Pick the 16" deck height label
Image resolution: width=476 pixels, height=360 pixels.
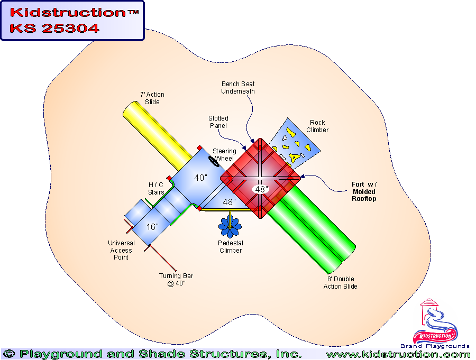click(x=152, y=227)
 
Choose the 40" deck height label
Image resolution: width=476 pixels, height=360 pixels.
click(x=200, y=178)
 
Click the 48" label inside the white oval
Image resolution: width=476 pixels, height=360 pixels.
click(x=261, y=189)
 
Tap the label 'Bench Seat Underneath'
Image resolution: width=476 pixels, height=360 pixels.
click(x=238, y=87)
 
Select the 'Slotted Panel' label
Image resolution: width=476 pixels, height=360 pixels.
click(x=218, y=122)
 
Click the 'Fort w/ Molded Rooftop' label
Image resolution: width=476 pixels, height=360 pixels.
click(x=365, y=191)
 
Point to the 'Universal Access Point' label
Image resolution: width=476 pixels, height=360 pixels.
click(x=121, y=250)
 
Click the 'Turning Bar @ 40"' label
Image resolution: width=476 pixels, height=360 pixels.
click(x=172, y=280)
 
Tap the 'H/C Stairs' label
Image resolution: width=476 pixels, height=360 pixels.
click(x=156, y=188)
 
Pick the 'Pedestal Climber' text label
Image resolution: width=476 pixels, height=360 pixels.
click(x=231, y=247)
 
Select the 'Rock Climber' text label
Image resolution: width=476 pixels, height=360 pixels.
click(x=317, y=126)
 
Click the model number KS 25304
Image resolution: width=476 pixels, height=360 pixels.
click(x=54, y=29)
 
